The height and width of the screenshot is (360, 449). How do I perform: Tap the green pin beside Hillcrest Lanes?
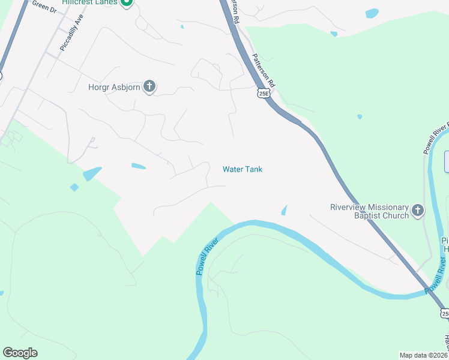(x=126, y=2)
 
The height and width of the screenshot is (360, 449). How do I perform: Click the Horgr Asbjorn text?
(x=114, y=87)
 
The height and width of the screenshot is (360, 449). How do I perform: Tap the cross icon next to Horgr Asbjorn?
(x=149, y=87)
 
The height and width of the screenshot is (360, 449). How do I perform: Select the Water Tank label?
(x=243, y=169)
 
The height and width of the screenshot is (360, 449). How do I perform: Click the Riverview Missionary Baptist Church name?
(x=370, y=211)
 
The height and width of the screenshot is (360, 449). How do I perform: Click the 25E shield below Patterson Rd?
(x=264, y=93)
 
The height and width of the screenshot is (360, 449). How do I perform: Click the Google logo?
(x=20, y=353)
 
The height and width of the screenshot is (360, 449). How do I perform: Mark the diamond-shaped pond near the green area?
(x=74, y=187)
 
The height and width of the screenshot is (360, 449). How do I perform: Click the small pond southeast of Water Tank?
(x=283, y=210)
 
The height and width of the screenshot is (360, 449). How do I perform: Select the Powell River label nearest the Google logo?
(x=206, y=256)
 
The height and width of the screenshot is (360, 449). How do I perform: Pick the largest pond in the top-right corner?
(x=372, y=13)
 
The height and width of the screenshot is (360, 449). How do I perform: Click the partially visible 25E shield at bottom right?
(x=445, y=313)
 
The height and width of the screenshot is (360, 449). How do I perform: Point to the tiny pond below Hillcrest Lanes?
(x=181, y=26)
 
